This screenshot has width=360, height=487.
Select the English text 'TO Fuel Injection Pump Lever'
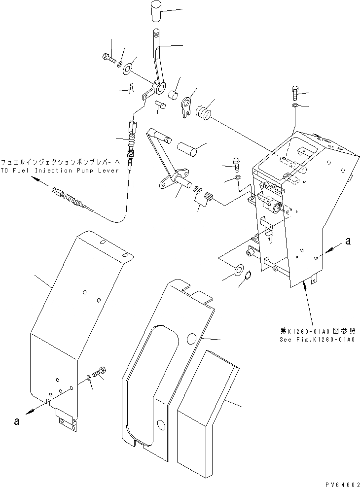click(x=60, y=171)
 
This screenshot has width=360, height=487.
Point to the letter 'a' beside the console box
click(x=348, y=241)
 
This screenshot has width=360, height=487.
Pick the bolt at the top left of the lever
click(x=109, y=60)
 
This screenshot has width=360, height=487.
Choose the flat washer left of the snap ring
click(x=239, y=270)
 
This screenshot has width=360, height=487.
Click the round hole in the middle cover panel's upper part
click(x=193, y=337)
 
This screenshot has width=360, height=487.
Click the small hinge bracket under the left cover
click(x=66, y=419)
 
